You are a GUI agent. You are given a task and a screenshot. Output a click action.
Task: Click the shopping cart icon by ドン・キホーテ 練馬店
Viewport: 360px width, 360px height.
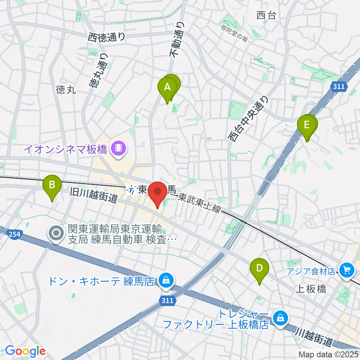pos(165,280)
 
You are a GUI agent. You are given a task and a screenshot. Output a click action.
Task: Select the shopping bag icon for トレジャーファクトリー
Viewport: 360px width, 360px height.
pos(280,318)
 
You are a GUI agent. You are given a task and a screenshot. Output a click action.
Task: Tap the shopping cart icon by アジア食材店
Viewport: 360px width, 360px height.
pos(346,269)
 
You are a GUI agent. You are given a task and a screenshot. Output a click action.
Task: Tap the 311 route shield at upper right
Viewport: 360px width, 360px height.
pos(338,87)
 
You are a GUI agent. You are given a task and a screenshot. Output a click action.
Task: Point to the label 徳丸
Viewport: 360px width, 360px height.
pos(66,90)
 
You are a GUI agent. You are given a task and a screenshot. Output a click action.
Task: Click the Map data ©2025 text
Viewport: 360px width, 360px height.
pos(328,354)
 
